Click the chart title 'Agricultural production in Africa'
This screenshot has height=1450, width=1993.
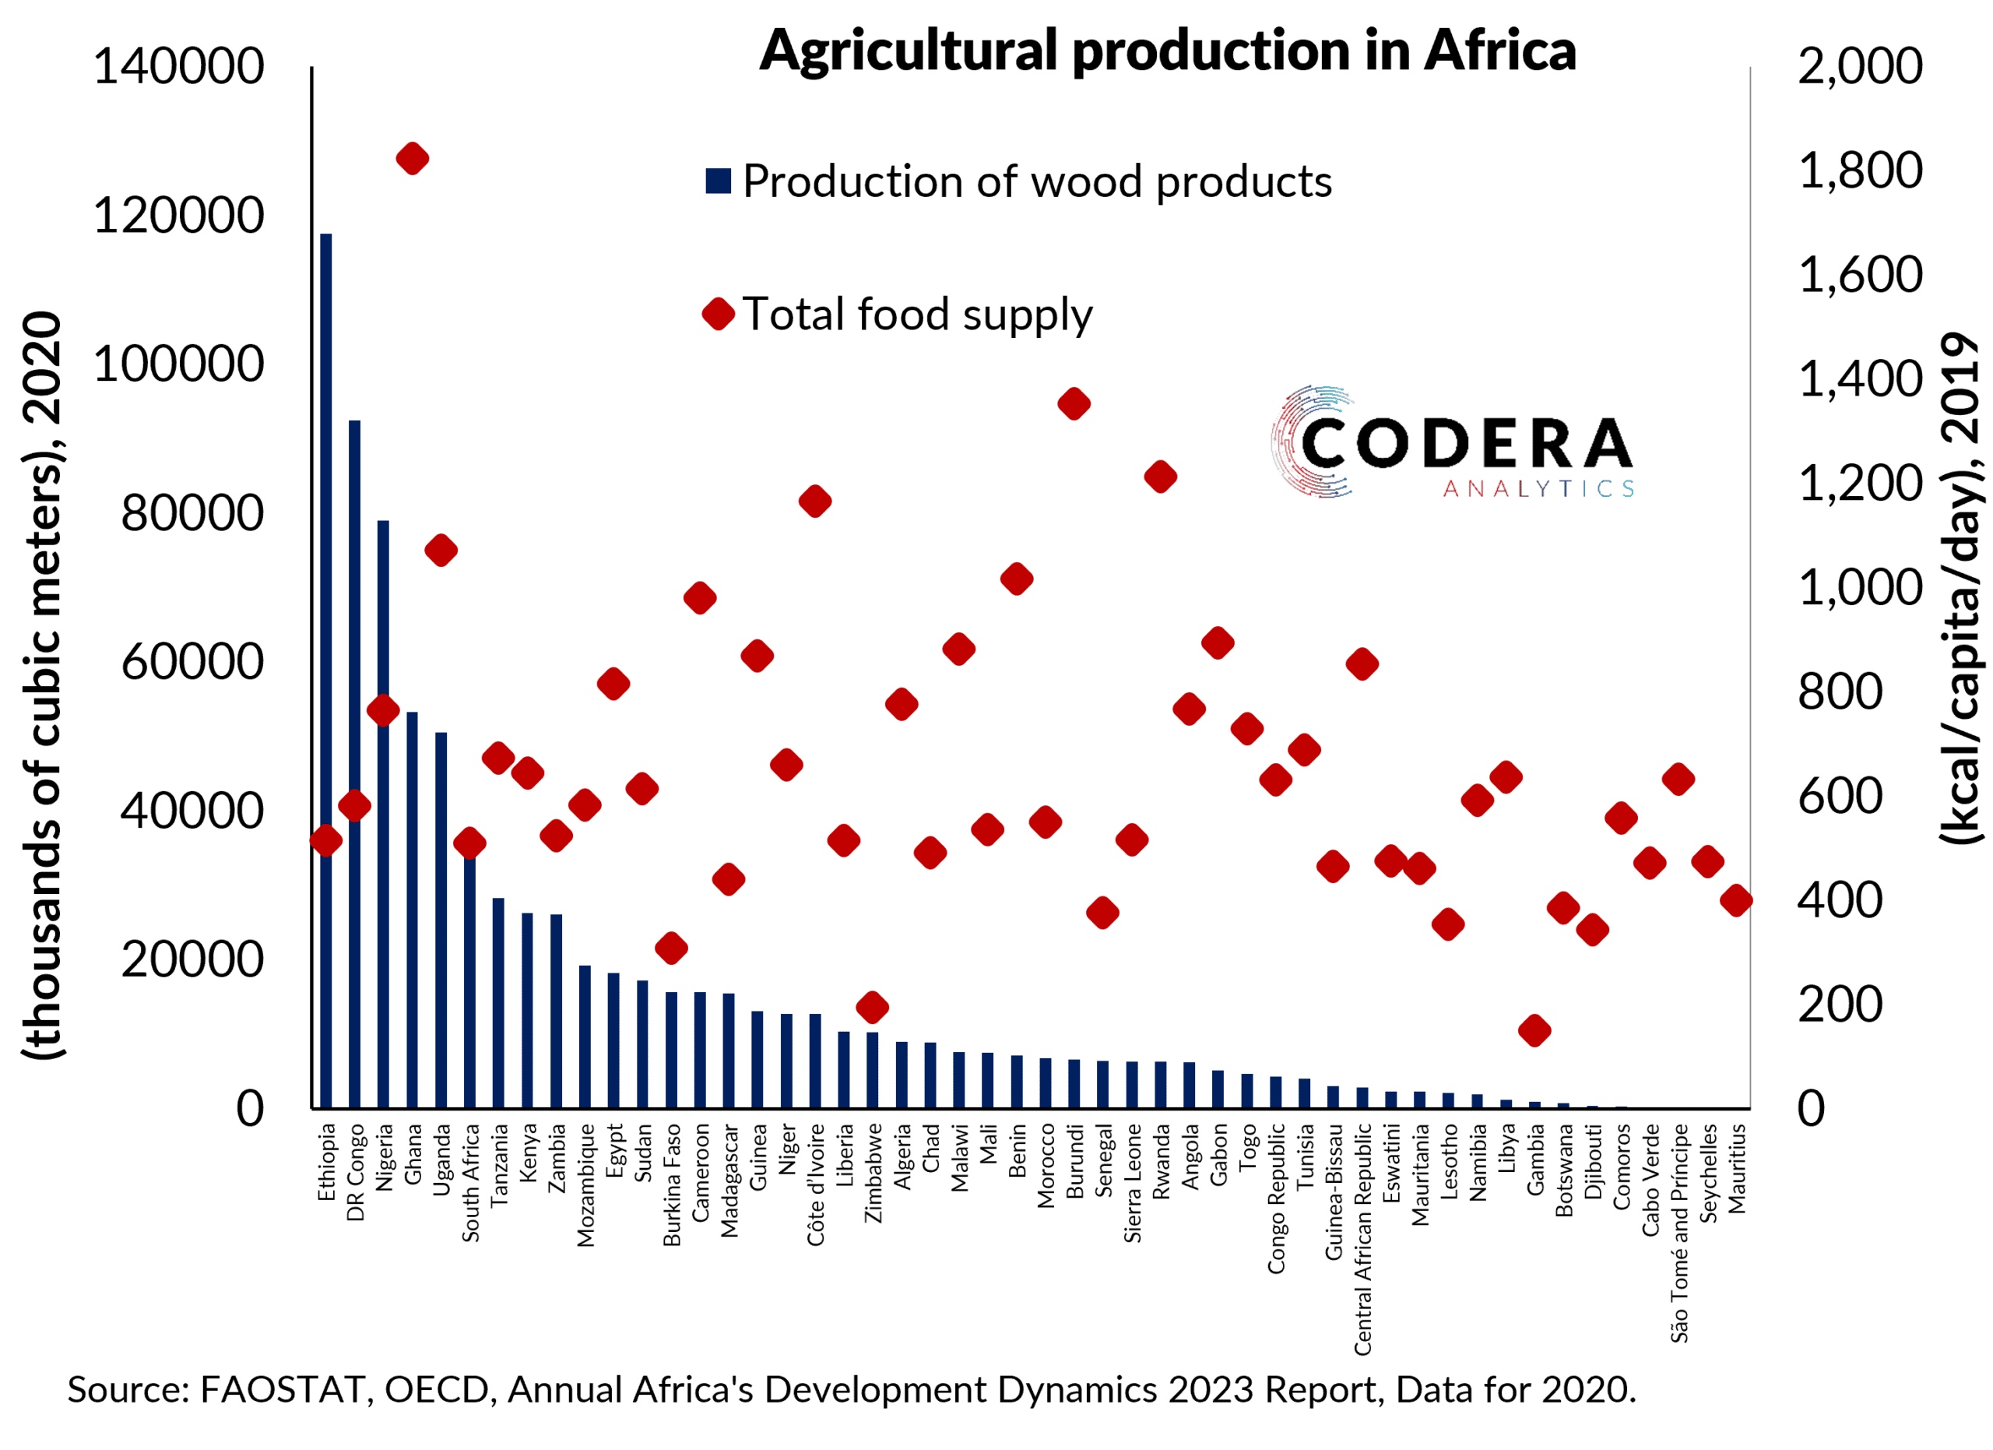pyautogui.click(x=1167, y=51)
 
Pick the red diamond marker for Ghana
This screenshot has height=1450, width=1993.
pyautogui.click(x=412, y=159)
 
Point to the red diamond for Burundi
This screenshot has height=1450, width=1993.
pyautogui.click(x=1074, y=404)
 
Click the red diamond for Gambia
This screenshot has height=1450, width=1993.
pyautogui.click(x=1534, y=1030)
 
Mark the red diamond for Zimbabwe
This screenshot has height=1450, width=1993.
pyautogui.click(x=872, y=1007)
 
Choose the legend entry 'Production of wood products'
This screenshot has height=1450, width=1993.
pyautogui.click(x=1019, y=182)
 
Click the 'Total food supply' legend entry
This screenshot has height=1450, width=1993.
pyautogui.click(x=900, y=315)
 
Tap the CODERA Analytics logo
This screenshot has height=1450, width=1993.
pyautogui.click(x=1452, y=444)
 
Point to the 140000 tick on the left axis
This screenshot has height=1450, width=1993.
pyautogui.click(x=178, y=67)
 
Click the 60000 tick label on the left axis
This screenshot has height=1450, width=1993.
pyautogui.click(x=192, y=662)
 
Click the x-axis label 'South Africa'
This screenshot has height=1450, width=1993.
pyautogui.click(x=471, y=1183)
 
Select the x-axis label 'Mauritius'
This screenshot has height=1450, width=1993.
pyautogui.click(x=1738, y=1169)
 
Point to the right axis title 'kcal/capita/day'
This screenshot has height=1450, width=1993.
pyautogui.click(x=1961, y=589)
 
